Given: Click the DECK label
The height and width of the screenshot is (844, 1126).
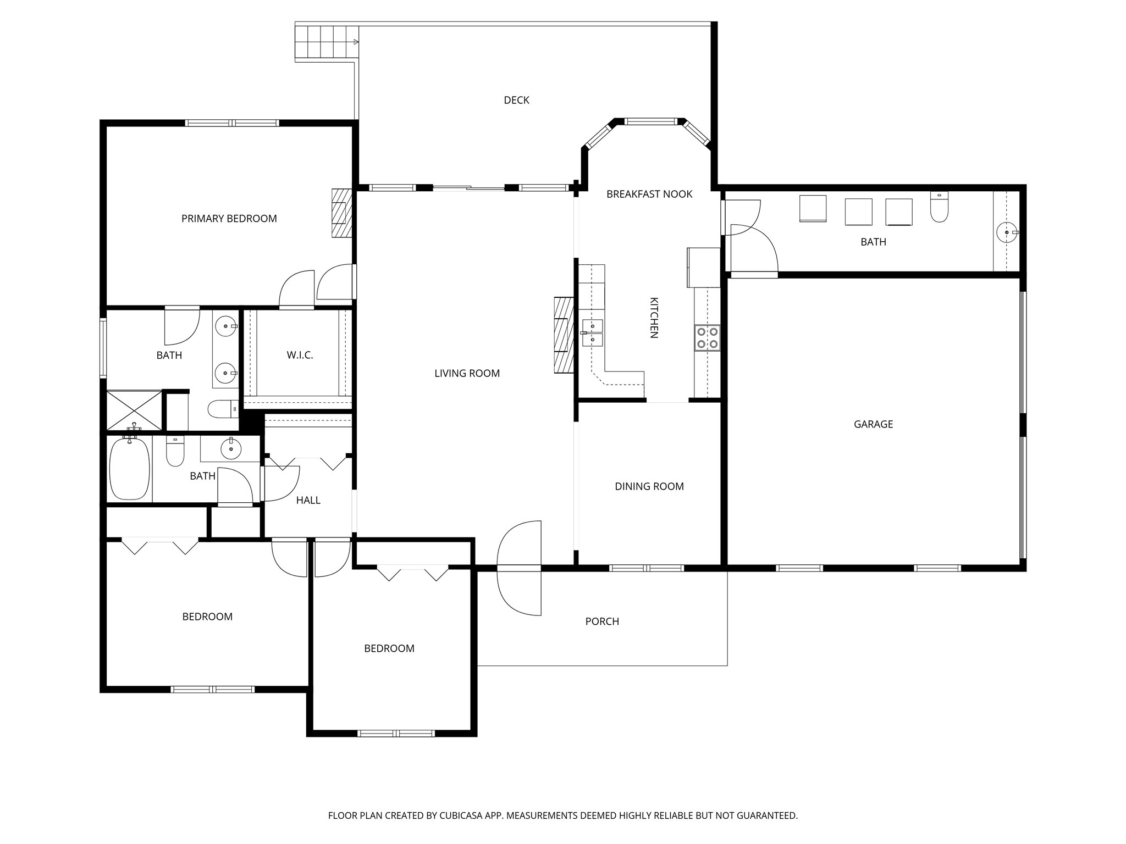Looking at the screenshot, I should coord(516,100).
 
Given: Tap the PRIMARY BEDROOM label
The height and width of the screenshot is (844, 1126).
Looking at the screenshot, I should coord(229,219).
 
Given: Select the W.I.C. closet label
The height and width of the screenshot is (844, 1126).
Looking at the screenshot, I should coord(300,355).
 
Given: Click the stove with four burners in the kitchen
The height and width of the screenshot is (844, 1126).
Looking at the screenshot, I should coord(707,338).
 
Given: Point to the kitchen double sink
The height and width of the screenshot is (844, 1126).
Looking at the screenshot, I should coord(593,333).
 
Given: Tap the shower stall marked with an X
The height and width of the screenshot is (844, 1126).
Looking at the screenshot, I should coord(134,410).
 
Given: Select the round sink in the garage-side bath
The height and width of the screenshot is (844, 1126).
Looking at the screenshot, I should coord(1007,232).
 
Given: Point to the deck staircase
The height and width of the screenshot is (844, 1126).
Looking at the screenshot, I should coord(324,42).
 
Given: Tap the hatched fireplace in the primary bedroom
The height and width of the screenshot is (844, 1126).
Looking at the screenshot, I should coord(341,213).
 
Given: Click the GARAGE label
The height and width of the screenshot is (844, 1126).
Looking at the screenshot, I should coord(873,424).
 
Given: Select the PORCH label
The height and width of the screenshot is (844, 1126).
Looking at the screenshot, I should coord(602,621).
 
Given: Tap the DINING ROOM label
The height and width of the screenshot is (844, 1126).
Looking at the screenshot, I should coord(649,486).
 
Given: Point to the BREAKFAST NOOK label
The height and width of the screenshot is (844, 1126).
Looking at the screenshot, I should coord(649,194).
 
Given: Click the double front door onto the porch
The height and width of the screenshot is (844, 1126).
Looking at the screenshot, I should coord(519,568).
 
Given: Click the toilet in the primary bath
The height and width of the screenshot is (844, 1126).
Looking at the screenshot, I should coord(222,409).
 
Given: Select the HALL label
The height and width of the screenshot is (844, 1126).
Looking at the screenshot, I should coord(308,500).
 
